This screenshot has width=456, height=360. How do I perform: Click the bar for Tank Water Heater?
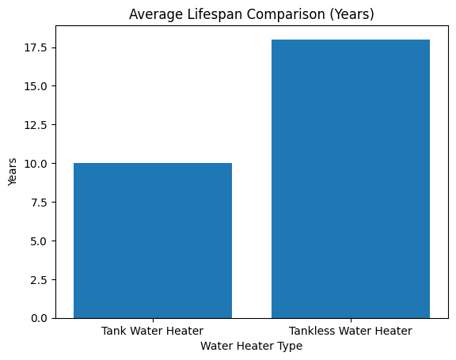point(153,241)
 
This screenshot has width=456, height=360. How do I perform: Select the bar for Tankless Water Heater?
point(351,179)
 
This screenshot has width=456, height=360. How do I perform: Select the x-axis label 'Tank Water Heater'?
point(153,331)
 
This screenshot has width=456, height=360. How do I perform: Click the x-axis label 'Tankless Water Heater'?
point(351,331)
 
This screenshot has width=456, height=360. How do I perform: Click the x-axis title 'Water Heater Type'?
point(252,346)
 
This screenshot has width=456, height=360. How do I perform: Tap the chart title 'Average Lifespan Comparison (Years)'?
point(252,13)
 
